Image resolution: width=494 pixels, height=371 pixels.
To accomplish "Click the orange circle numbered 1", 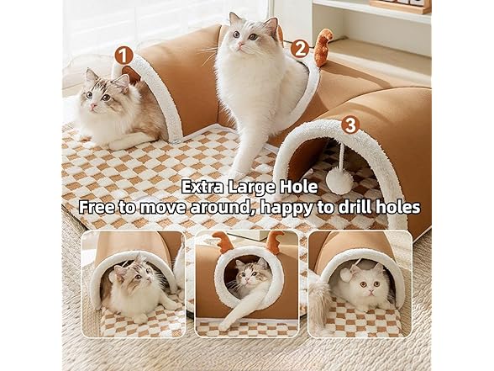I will pos(124,55).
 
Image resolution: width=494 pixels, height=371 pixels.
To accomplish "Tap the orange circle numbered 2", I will pos(300,49).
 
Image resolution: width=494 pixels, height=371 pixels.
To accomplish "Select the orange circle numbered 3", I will pos(350,125).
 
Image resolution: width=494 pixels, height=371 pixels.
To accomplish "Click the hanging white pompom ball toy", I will pos(340,181).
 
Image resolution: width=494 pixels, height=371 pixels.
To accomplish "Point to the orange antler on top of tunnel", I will pos(323,46).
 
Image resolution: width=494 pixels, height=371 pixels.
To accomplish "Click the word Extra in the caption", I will pos(207,186).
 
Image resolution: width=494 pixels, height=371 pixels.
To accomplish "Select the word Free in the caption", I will pos(97,206).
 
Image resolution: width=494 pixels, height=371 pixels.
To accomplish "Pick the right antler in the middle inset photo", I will pos(274,241).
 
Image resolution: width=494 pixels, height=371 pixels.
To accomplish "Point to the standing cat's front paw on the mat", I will pos(238,172).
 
